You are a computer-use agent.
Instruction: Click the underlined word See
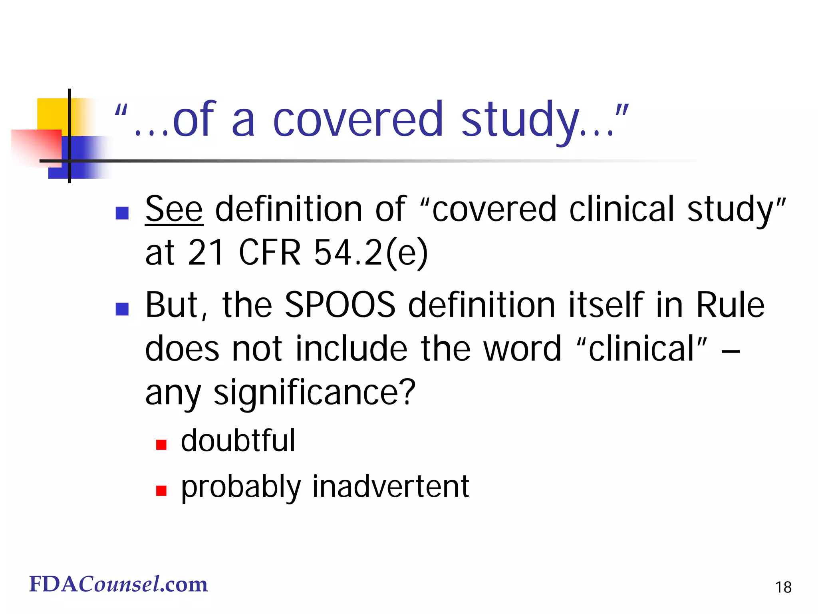174,209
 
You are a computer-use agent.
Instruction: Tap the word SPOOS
340,305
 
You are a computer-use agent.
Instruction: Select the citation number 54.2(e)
371,253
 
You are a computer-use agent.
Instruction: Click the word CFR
270,253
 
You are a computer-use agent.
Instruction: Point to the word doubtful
238,441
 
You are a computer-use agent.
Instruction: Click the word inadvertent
390,486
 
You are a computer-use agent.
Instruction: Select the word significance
314,393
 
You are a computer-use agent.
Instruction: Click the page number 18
783,587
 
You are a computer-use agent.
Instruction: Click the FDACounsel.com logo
119,584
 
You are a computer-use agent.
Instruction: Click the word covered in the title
358,120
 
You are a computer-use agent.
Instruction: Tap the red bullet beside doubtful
161,445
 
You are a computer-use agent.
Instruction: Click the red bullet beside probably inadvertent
161,490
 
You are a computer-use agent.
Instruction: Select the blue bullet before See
122,213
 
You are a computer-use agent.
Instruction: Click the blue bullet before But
122,309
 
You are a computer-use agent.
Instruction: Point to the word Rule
730,305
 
